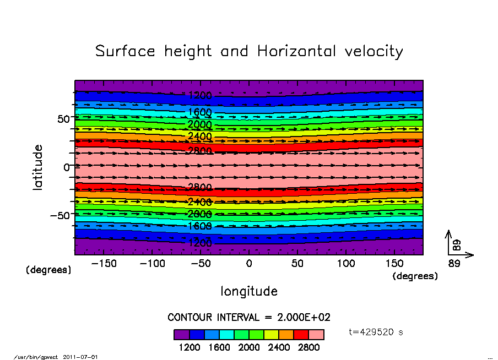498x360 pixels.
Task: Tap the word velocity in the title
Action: pyautogui.click(x=373, y=52)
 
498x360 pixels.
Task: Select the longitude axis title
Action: pyautogui.click(x=249, y=291)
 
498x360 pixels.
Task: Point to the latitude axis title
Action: pyautogui.click(x=38, y=167)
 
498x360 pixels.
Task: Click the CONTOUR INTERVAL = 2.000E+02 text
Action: pyautogui.click(x=249, y=318)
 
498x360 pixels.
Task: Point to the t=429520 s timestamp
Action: pyautogui.click(x=377, y=332)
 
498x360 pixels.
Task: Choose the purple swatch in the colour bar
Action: pyautogui.click(x=182, y=335)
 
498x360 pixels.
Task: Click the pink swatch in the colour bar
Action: pyautogui.click(x=316, y=335)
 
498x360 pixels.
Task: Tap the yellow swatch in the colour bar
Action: pyautogui.click(x=271, y=335)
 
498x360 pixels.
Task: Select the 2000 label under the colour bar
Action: pyautogui.click(x=249, y=347)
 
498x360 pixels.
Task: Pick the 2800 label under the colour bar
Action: pyautogui.click(x=308, y=347)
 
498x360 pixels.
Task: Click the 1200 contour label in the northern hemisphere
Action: pyautogui.click(x=199, y=95)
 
